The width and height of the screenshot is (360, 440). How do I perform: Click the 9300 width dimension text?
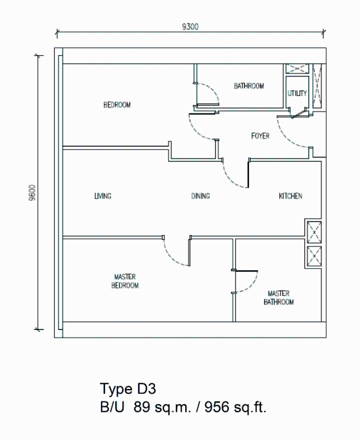pos(190,27)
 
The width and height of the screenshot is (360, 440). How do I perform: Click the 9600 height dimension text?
pos(32,193)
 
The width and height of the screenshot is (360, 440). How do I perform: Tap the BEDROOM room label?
pos(117,105)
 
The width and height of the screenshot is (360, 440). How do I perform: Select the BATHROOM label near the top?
pos(249,86)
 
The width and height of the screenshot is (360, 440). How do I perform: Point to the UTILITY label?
pos(297,93)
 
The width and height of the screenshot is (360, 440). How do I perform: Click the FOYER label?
pos(260,136)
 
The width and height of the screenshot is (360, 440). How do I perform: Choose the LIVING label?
pos(103,196)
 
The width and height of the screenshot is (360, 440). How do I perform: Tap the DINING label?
pos(200,196)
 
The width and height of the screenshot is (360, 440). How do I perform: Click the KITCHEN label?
pos(290,196)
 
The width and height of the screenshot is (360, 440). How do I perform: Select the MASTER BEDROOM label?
pos(125,281)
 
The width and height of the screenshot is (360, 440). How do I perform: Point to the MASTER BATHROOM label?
pos(279,298)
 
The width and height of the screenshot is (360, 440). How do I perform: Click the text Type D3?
pos(128,389)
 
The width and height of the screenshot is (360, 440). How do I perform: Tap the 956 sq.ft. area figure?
pos(235,407)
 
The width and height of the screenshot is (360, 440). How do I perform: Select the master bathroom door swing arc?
pos(252,286)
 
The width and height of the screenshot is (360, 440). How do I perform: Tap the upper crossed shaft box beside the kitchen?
pos(314,232)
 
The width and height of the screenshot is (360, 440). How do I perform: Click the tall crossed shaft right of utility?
pos(318,86)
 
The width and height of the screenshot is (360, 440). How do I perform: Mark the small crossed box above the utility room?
pos(297,69)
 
